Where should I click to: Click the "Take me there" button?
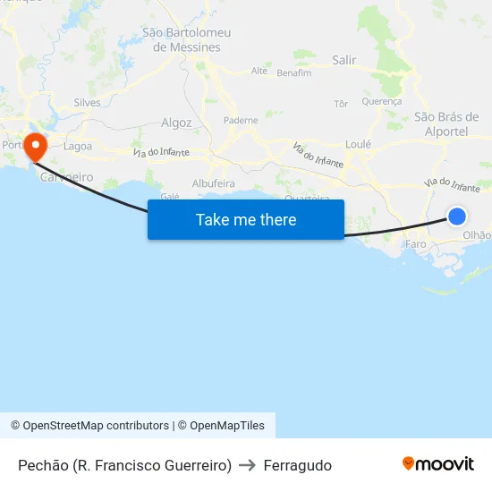(x=246, y=220)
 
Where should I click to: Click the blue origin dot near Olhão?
(x=456, y=216)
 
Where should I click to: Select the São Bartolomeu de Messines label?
(x=187, y=39)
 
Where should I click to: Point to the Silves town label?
(x=88, y=103)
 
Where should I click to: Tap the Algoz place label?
(x=176, y=123)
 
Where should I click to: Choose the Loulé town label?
(x=358, y=143)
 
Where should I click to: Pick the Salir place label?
(x=344, y=61)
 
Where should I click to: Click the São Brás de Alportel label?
(x=447, y=123)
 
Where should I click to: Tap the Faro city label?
(x=416, y=243)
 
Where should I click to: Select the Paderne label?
(x=241, y=120)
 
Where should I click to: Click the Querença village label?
(x=382, y=102)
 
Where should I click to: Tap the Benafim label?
(x=294, y=73)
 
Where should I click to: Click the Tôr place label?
(x=340, y=104)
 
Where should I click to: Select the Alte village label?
(x=259, y=71)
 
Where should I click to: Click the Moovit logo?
(x=438, y=464)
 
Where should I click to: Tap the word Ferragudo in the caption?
(x=297, y=465)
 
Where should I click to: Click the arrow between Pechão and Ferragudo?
(x=248, y=465)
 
